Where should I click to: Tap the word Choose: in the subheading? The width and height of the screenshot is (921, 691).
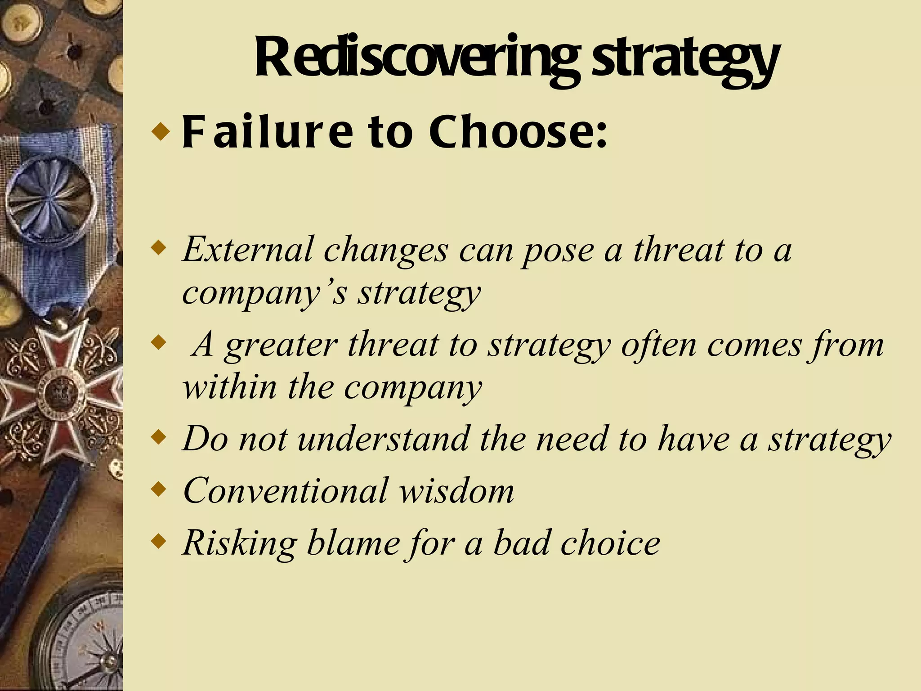point(517,131)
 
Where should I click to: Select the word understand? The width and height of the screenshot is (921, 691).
point(382,439)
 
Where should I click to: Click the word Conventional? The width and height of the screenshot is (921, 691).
point(286,490)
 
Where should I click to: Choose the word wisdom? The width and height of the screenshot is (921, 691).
point(456,490)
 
